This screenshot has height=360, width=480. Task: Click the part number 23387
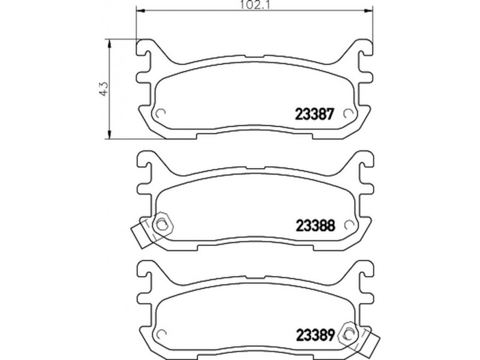pyautogui.click(x=314, y=115)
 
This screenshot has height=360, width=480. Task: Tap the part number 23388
pyautogui.click(x=316, y=226)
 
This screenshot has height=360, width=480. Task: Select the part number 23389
pyautogui.click(x=316, y=335)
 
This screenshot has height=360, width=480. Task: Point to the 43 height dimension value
pyautogui.click(x=103, y=89)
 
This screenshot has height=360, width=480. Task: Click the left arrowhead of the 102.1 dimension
pyautogui.click(x=140, y=11)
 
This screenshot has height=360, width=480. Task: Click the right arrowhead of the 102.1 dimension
pyautogui.click(x=369, y=11)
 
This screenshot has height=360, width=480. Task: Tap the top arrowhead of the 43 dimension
pyautogui.click(x=109, y=43)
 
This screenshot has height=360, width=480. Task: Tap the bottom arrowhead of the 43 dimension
pyautogui.click(x=109, y=134)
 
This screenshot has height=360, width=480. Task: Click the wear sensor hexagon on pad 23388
pyautogui.click(x=162, y=224)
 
